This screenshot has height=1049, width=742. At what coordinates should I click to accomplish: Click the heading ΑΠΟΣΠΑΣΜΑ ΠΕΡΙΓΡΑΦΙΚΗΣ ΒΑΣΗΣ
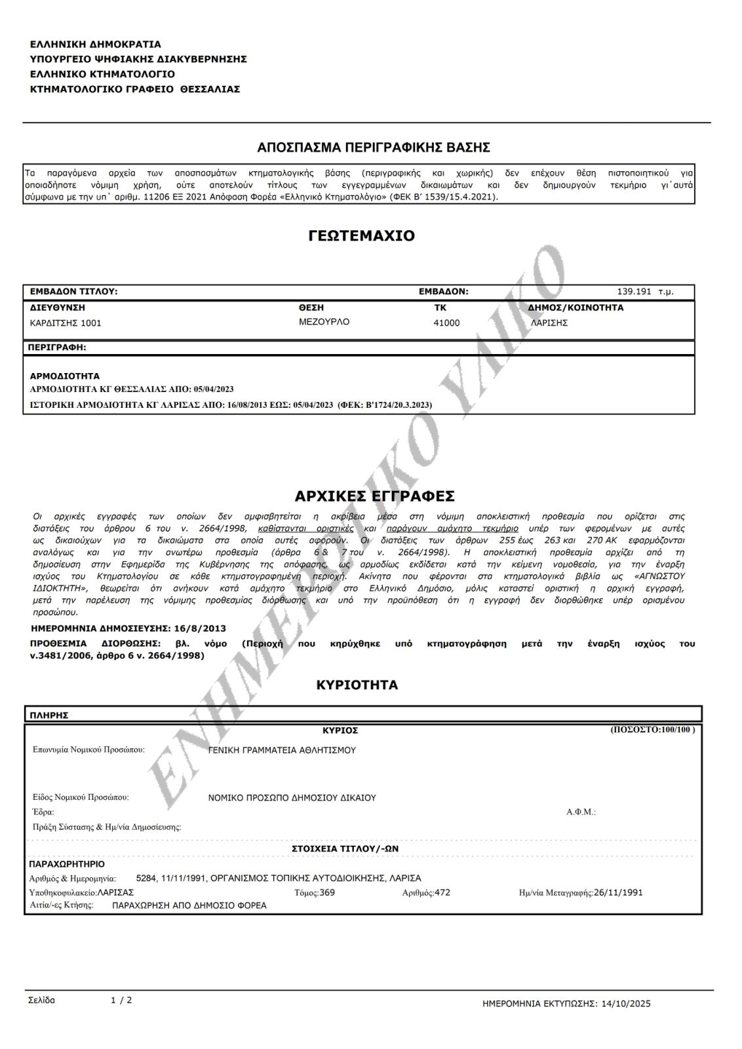point(374,146)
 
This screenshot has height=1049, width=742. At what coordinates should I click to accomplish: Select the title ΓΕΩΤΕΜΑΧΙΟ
point(361,236)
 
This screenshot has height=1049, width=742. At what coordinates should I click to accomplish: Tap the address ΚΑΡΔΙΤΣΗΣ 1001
point(66,323)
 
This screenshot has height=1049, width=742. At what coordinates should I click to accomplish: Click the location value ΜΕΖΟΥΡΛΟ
point(324,322)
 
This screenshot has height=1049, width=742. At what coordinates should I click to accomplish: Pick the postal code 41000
point(446,323)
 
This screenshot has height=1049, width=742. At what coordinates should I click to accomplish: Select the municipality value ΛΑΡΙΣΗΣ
point(549,323)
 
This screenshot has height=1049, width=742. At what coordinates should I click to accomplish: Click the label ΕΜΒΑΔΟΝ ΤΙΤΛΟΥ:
point(73,292)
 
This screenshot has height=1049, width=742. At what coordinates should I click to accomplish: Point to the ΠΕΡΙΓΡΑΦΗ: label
point(58,347)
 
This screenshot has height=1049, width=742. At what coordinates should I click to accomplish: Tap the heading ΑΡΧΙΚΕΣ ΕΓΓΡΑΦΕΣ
point(375,496)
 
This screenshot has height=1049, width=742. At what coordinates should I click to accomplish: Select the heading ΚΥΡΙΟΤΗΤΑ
point(357,685)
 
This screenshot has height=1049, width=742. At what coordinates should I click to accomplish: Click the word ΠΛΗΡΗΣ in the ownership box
point(49,715)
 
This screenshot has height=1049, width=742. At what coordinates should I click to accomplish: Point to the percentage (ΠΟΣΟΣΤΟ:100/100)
point(652,729)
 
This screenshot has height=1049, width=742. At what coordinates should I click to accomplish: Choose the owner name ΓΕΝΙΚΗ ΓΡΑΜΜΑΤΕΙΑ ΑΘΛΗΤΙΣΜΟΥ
point(282,750)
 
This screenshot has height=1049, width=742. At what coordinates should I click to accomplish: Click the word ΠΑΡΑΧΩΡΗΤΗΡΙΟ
point(67,864)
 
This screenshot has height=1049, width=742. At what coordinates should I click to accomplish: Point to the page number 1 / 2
point(121,1000)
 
